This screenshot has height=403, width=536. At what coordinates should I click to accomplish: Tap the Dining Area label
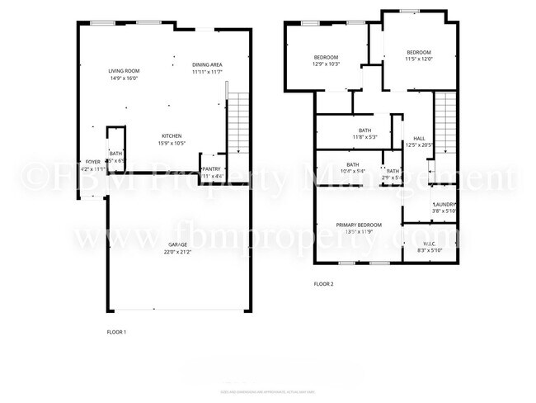click(x=207, y=65)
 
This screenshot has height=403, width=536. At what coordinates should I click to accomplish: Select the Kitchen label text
click(x=172, y=136)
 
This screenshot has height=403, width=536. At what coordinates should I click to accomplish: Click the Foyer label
click(x=93, y=162)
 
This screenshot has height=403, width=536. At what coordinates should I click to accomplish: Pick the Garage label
click(x=177, y=245)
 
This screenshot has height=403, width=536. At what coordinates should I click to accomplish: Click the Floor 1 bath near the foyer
click(x=115, y=154)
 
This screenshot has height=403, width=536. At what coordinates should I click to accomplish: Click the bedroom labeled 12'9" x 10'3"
click(x=326, y=60)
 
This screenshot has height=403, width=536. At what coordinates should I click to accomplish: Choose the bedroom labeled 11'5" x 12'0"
click(x=418, y=56)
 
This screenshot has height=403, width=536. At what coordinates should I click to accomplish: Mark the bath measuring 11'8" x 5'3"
click(x=364, y=133)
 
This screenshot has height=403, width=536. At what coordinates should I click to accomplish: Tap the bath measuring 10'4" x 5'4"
click(x=352, y=168)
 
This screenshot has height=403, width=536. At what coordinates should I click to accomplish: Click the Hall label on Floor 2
click(x=419, y=139)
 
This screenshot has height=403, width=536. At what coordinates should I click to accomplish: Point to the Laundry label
click(x=444, y=205)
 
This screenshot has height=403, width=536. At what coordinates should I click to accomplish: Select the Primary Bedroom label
click(x=359, y=225)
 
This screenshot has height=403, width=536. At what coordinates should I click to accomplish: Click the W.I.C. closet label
click(x=430, y=244)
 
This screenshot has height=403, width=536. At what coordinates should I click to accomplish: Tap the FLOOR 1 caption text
click(x=116, y=331)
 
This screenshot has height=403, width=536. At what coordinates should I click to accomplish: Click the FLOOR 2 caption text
click(x=323, y=284)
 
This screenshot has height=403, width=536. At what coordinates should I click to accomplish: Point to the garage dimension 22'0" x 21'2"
click(x=177, y=252)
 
